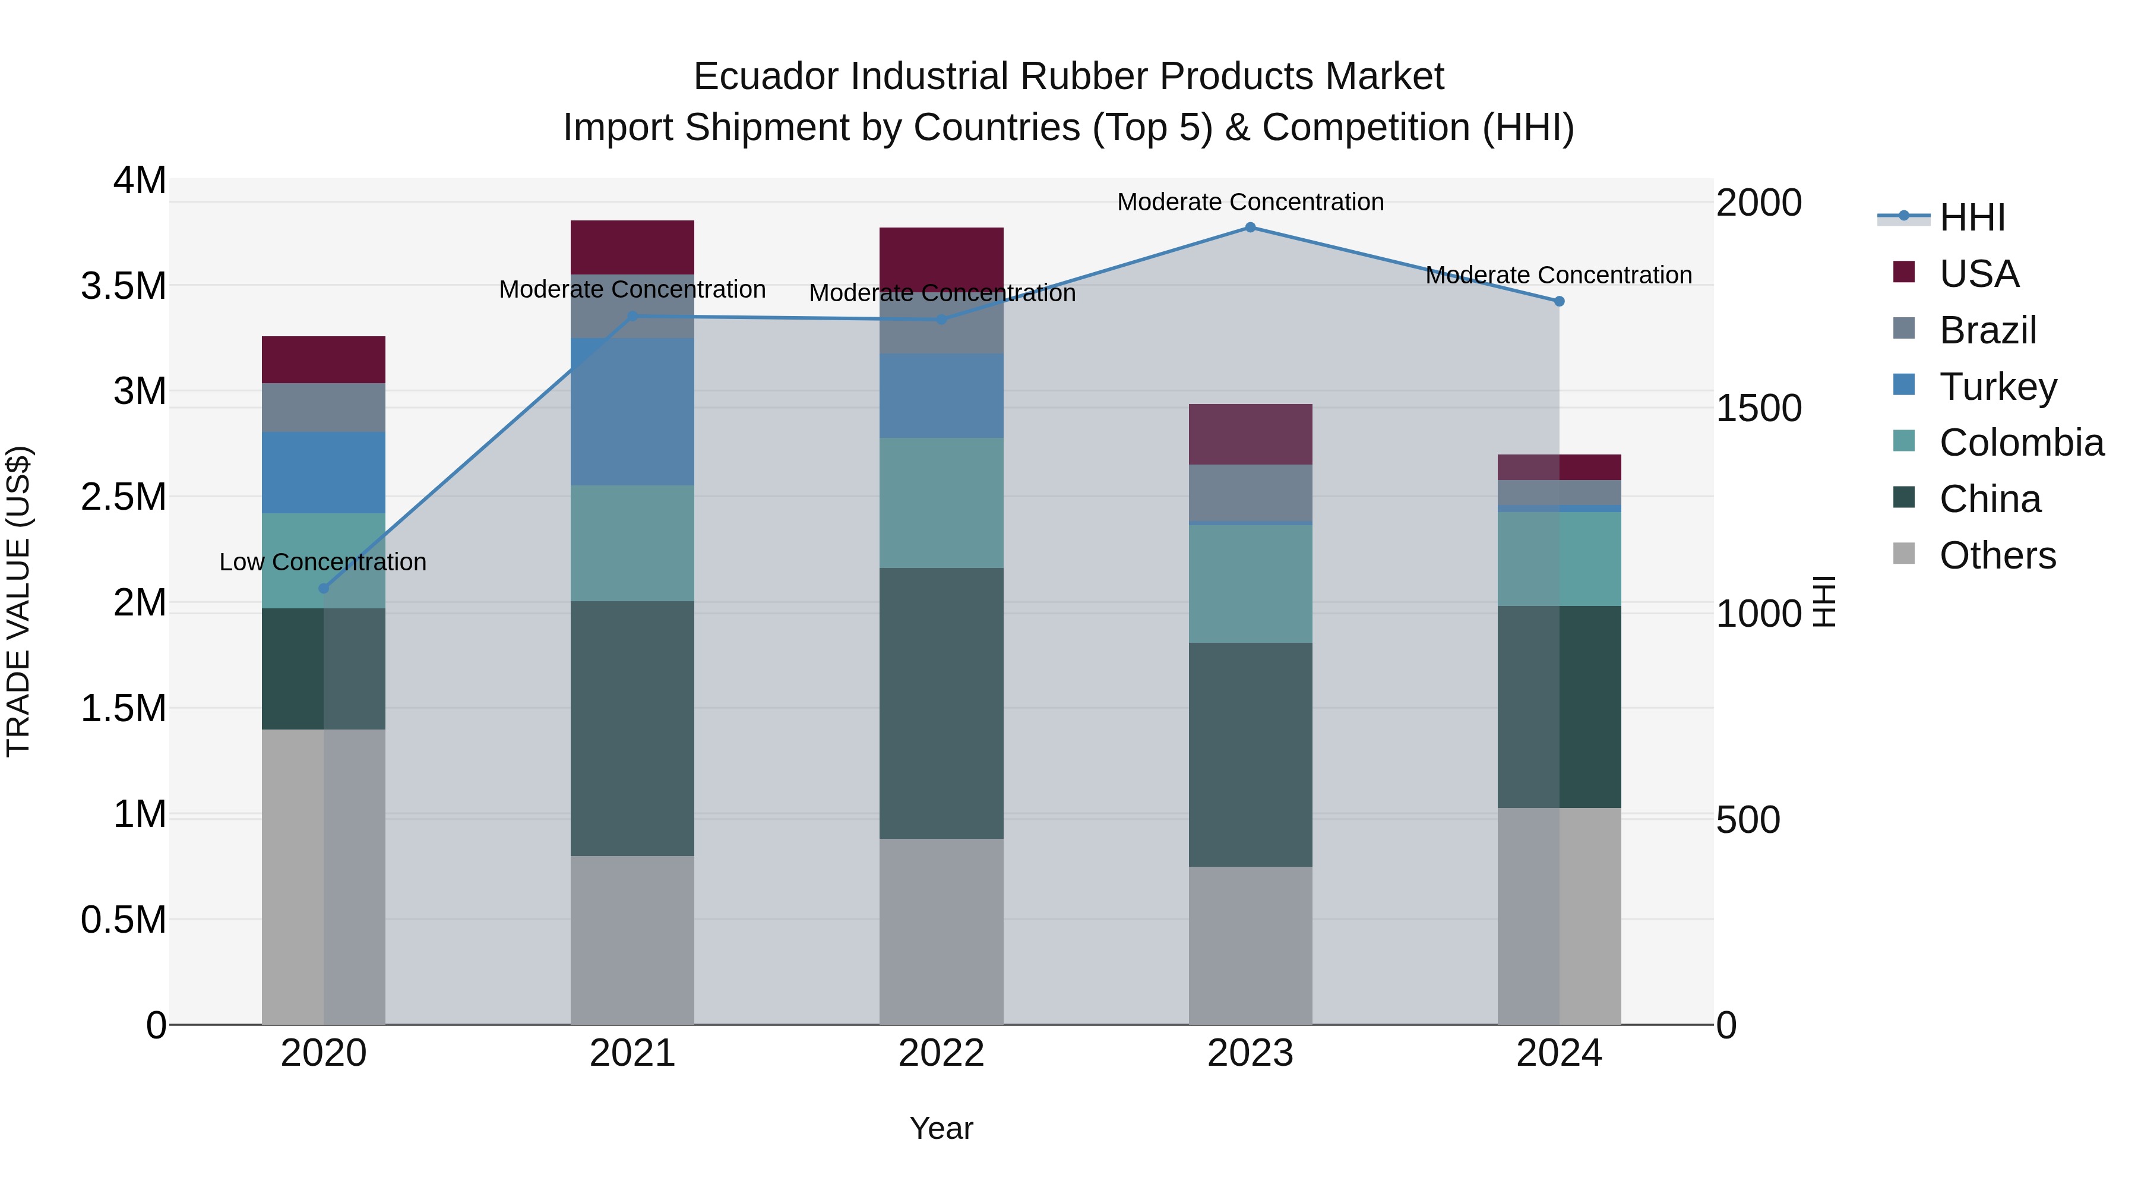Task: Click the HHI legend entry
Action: (1971, 217)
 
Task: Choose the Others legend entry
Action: (1997, 555)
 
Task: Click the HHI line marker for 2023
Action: (1250, 228)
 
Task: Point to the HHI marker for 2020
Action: (324, 589)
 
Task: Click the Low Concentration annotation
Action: (323, 562)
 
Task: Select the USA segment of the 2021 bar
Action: (632, 247)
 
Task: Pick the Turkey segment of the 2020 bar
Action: (324, 472)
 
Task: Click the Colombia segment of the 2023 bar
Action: (1250, 583)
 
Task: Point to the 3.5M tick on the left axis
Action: (124, 286)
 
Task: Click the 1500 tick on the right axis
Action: (1759, 409)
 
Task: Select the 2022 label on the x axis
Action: (941, 1053)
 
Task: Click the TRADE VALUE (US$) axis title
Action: (19, 601)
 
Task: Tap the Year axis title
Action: (941, 1128)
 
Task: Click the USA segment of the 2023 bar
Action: (1250, 434)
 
